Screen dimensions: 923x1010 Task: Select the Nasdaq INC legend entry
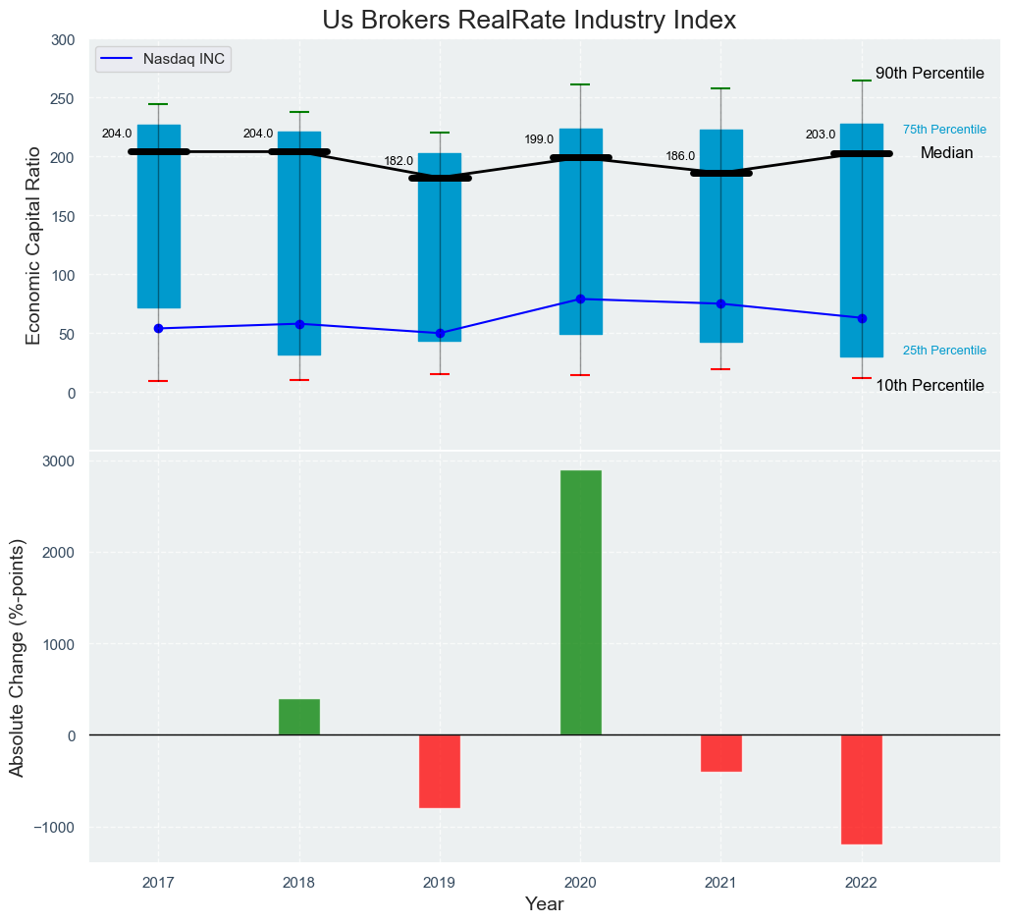[163, 59]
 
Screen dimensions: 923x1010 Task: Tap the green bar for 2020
[580, 602]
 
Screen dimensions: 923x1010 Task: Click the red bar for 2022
[862, 788]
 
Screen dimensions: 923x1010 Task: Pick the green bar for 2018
[299, 717]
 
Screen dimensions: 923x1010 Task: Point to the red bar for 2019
[440, 771]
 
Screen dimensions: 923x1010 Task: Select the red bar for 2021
[721, 753]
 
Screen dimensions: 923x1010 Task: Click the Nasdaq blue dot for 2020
[580, 299]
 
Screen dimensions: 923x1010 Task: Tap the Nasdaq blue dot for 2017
[158, 328]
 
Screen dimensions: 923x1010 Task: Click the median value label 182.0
[399, 161]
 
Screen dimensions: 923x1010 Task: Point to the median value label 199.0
[539, 139]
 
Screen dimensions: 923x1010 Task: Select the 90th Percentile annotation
[930, 74]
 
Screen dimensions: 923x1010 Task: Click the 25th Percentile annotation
[944, 351]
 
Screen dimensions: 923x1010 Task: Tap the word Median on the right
[946, 153]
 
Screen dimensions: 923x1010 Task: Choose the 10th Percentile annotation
[930, 386]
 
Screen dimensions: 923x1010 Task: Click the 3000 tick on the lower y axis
[61, 461]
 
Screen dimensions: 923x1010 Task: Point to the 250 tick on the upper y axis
[63, 98]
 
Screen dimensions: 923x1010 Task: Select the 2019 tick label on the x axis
[440, 882]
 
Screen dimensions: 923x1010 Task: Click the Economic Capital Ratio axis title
[33, 244]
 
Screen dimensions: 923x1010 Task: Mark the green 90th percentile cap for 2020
[580, 84]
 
